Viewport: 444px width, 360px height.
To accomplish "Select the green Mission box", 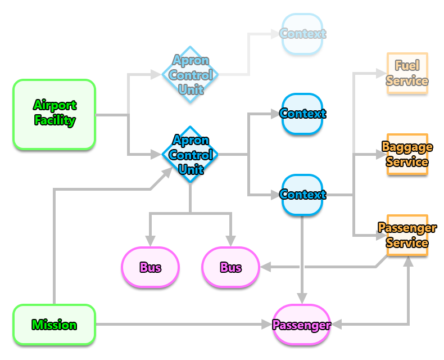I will (54, 325).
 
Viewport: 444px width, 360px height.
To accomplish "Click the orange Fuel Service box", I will (407, 74).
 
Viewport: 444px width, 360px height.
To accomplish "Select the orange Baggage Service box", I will (407, 155).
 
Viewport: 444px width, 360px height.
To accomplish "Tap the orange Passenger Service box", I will (407, 236).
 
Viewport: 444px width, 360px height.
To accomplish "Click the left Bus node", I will (150, 267).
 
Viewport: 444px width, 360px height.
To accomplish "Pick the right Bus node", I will (230, 267).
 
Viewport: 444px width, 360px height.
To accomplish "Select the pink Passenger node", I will (302, 325).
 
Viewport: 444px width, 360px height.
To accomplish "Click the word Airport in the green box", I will (55, 105).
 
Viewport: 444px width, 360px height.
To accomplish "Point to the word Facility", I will (55, 120).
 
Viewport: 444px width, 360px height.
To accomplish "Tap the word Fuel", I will (407, 66).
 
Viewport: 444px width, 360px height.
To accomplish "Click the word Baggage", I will (407, 147).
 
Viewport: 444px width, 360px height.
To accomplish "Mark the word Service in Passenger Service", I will (407, 243).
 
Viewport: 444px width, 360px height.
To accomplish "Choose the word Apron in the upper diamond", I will (191, 61).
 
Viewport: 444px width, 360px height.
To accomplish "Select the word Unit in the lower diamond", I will (191, 169).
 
